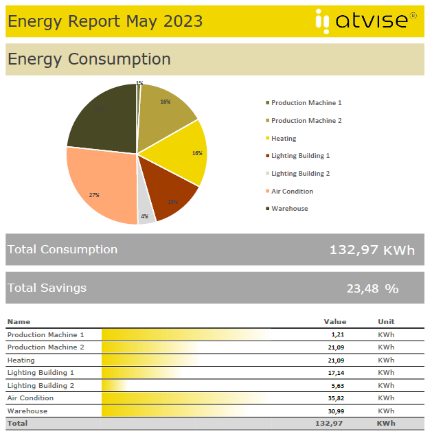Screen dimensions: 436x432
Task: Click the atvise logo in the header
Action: pos(365,21)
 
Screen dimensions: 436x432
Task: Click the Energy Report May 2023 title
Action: pos(105,21)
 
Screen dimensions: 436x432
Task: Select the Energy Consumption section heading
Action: pos(89,59)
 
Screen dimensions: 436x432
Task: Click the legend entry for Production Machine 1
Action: pos(306,103)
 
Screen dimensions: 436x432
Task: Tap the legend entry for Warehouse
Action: pos(289,209)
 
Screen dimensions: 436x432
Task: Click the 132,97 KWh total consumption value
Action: pos(372,250)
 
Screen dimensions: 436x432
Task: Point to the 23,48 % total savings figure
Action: pos(372,288)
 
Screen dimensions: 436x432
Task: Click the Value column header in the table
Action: pos(335,321)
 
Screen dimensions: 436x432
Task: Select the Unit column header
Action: pos(386,321)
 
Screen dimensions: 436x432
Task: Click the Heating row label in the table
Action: pos(21,360)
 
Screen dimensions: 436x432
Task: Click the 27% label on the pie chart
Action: pos(94,195)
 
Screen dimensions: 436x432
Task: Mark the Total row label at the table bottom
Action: pos(17,424)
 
